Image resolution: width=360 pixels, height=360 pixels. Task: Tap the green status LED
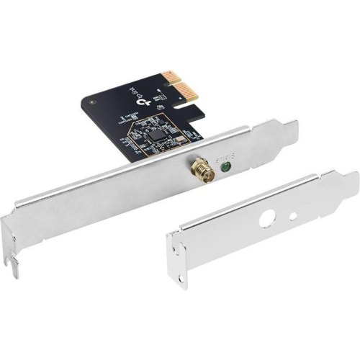[x=227, y=168]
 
